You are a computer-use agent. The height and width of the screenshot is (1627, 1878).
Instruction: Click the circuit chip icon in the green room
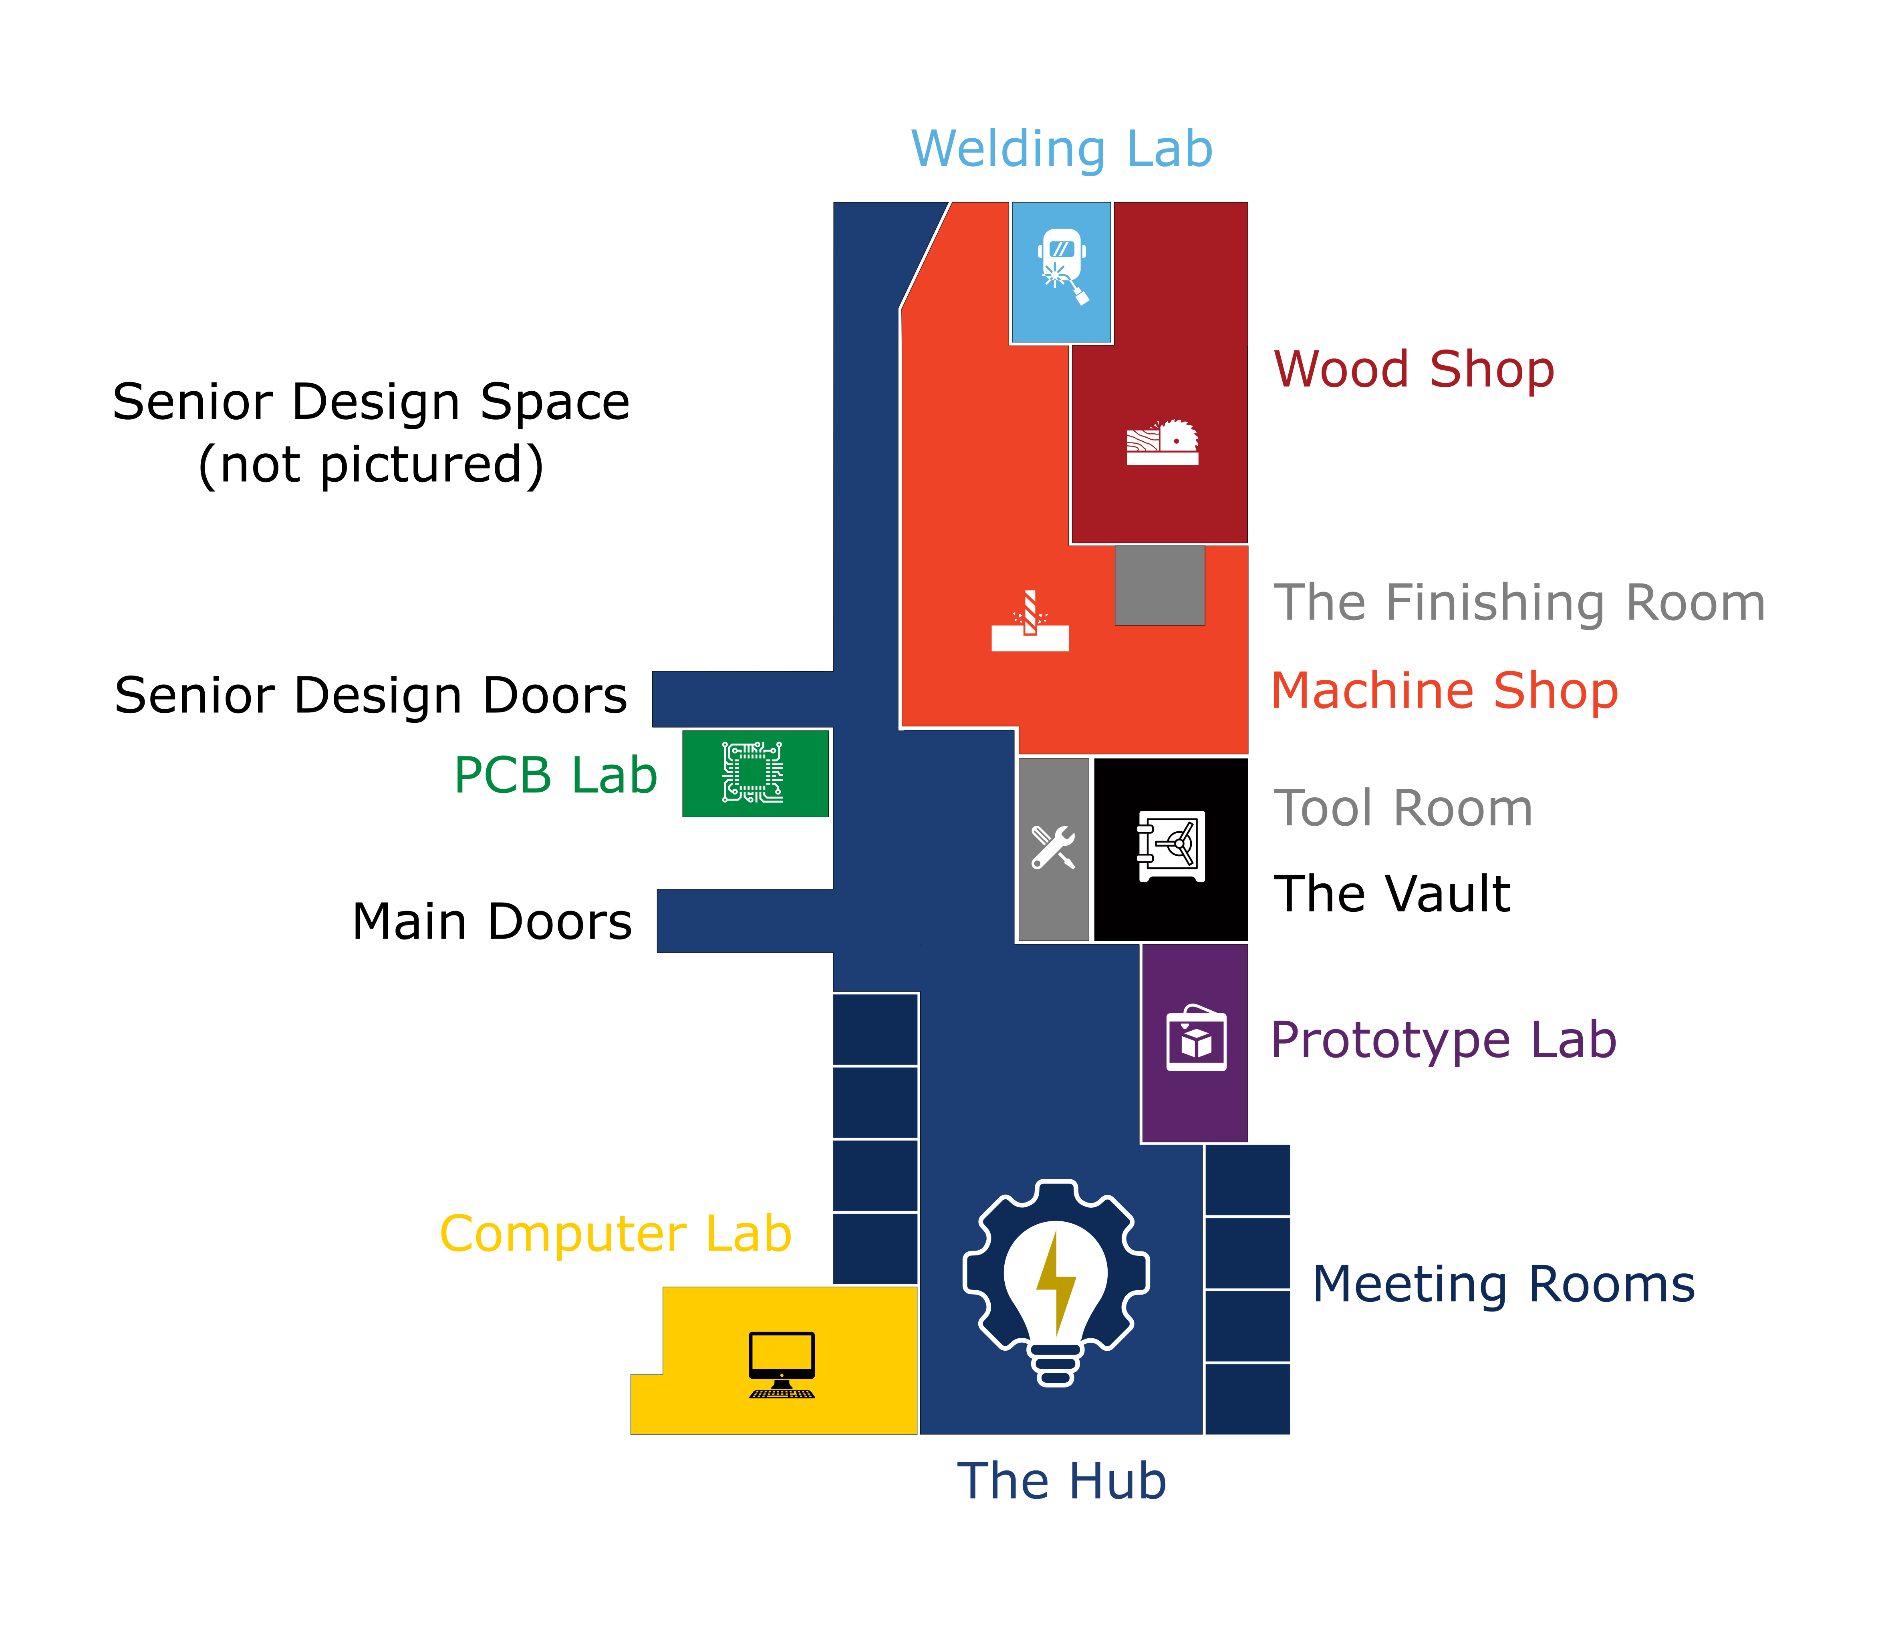(x=753, y=772)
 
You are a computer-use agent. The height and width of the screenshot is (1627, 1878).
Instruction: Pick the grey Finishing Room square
(x=1160, y=585)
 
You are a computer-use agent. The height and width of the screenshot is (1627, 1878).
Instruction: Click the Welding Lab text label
(x=1062, y=149)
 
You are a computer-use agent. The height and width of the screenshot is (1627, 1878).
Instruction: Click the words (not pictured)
(x=371, y=465)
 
